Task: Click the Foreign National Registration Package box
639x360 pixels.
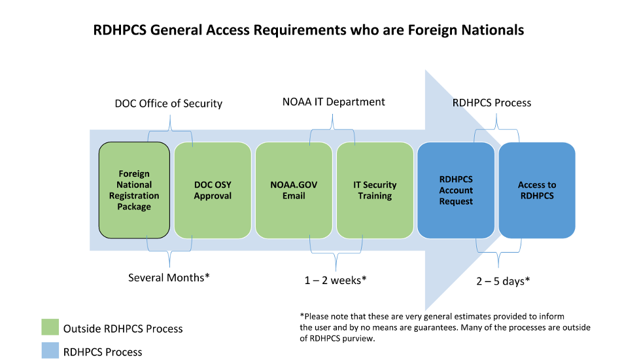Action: pyautogui.click(x=134, y=190)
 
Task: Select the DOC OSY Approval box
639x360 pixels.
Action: pyautogui.click(x=213, y=190)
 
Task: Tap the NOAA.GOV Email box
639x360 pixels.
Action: pyautogui.click(x=294, y=190)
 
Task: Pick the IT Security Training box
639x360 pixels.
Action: pyautogui.click(x=375, y=190)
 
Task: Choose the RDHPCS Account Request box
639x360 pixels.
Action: pyautogui.click(x=456, y=190)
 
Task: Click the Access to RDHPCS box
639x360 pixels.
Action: pyautogui.click(x=536, y=190)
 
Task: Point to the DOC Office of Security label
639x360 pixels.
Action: pyautogui.click(x=169, y=103)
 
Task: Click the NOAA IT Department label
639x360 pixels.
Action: pyautogui.click(x=334, y=101)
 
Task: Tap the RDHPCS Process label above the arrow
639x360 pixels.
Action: pyautogui.click(x=492, y=102)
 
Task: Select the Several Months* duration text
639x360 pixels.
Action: pyautogui.click(x=169, y=278)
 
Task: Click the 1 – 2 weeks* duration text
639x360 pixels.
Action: pyautogui.click(x=335, y=280)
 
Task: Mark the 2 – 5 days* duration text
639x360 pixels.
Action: pyautogui.click(x=502, y=281)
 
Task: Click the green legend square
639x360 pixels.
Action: pyautogui.click(x=50, y=327)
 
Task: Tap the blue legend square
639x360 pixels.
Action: pyautogui.click(x=50, y=350)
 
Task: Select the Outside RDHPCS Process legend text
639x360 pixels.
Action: pyautogui.click(x=123, y=329)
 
